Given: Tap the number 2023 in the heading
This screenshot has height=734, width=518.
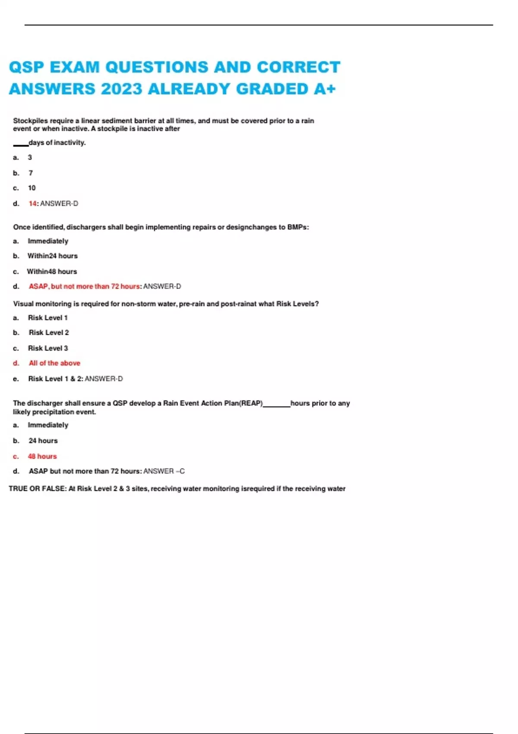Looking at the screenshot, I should click(x=121, y=89).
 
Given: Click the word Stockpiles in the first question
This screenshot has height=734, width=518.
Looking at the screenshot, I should click(x=30, y=121).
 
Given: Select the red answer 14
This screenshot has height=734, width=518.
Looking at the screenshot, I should click(x=33, y=203).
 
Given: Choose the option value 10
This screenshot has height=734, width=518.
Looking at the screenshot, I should click(x=32, y=188).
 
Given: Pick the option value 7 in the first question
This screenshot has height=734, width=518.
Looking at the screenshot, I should click(x=31, y=173).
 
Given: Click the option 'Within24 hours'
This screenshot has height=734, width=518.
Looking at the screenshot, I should click(x=53, y=256).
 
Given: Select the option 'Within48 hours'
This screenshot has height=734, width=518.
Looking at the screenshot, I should click(x=52, y=272).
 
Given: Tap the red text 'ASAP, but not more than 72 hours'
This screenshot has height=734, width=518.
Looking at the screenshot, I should click(x=84, y=286).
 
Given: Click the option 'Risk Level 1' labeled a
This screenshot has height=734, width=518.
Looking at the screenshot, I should click(x=47, y=318).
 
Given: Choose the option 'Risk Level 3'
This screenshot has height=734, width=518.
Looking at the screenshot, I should click(x=48, y=348).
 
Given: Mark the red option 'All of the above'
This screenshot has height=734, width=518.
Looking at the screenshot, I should click(x=54, y=363).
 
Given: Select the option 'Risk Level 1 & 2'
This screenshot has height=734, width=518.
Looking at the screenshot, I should click(x=55, y=379).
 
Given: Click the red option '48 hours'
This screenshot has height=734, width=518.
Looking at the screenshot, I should click(x=42, y=456).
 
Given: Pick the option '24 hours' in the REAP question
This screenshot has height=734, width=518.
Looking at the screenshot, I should click(x=43, y=441).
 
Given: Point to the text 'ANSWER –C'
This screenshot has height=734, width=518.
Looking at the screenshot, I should click(x=164, y=471).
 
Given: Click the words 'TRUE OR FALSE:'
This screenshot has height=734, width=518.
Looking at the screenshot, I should click(x=37, y=489).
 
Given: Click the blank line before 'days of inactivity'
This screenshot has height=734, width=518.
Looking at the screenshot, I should click(x=20, y=145).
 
